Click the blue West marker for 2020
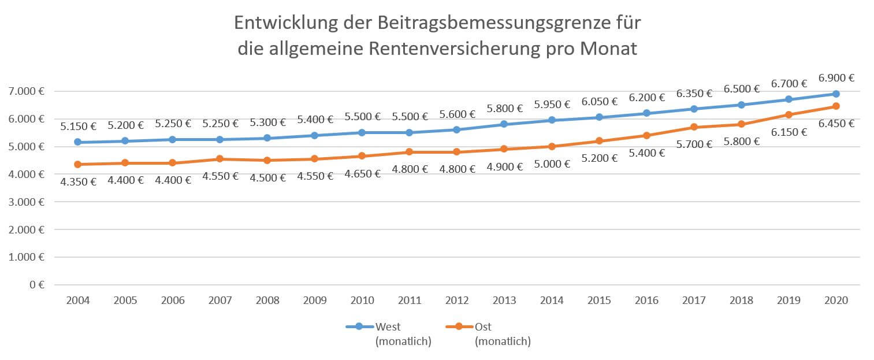pos(836,94)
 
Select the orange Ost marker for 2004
pos(77,165)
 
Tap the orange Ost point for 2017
pos(694,127)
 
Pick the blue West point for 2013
pos(504,124)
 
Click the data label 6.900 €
pos(836,77)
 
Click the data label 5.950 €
pos(551,105)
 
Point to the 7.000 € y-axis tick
pos(26,91)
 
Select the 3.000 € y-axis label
pos(26,202)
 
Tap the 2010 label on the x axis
pos(362,300)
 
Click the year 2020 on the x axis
pos(836,300)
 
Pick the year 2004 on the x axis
pos(77,300)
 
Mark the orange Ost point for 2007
pos(220,159)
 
